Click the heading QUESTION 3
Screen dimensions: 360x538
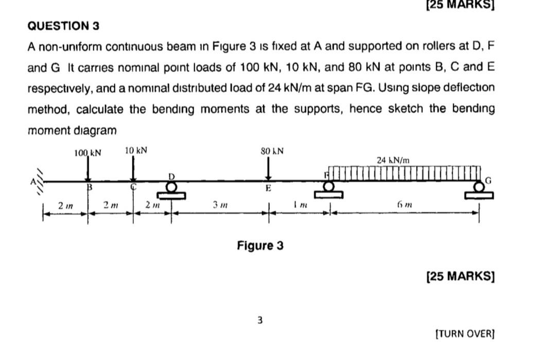(63, 26)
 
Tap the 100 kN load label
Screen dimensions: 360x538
(88, 152)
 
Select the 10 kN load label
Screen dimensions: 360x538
(136, 150)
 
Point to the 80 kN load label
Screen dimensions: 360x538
(272, 151)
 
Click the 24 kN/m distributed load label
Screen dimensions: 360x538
(393, 160)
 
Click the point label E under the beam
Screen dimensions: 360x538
(268, 189)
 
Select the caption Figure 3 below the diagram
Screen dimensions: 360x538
(260, 246)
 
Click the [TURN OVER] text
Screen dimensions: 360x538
(464, 333)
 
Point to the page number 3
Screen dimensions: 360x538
(260, 320)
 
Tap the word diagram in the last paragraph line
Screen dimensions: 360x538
(95, 130)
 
